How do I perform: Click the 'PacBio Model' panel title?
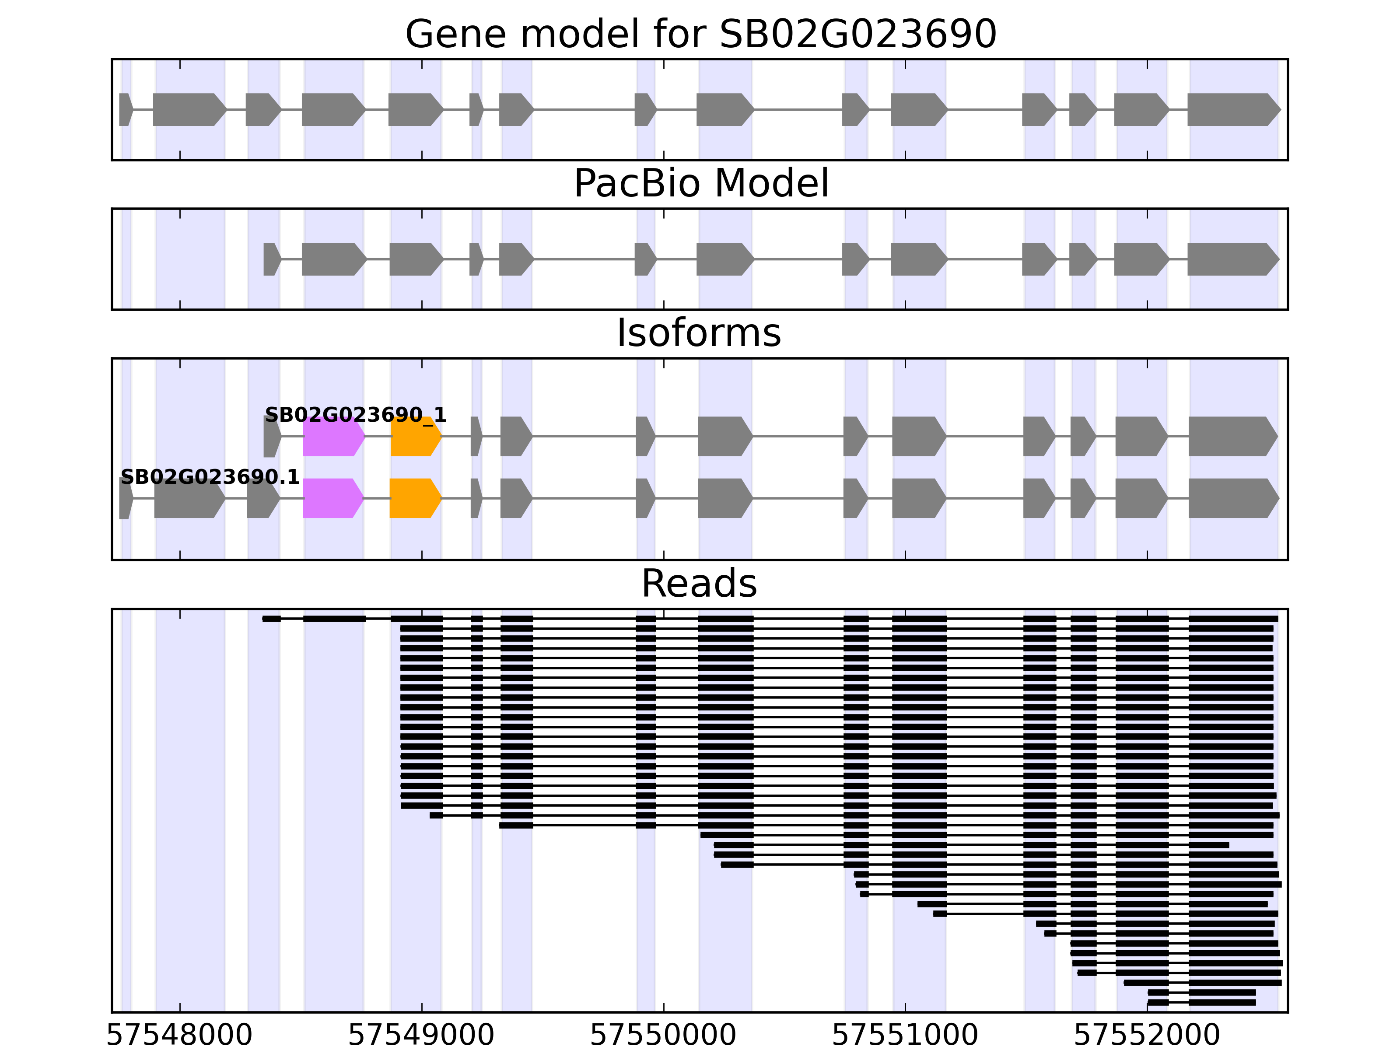(x=700, y=184)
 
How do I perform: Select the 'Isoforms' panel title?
(x=699, y=333)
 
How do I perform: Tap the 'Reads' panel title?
(x=699, y=584)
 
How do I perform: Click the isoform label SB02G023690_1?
(x=356, y=415)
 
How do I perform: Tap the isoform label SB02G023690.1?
(x=210, y=477)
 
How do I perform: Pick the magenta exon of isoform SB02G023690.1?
(x=332, y=498)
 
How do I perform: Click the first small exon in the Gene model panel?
(x=125, y=109)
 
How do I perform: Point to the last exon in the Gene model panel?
(x=1232, y=109)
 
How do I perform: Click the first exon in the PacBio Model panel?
(x=271, y=259)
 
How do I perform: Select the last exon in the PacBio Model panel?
(x=1231, y=259)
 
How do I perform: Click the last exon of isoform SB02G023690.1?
(x=1232, y=498)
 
